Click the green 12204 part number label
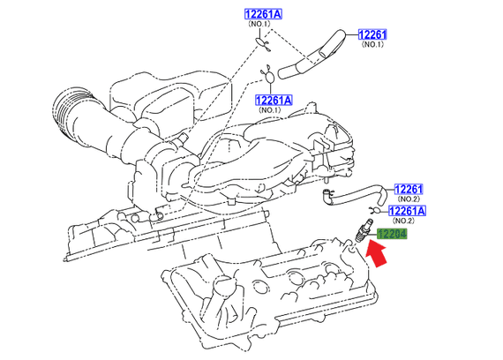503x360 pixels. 393,235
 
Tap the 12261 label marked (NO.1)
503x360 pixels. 372,34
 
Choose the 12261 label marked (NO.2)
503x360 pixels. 409,189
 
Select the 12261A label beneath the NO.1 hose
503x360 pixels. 274,100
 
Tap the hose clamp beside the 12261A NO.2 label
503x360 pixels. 376,209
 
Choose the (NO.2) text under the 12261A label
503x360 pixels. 408,222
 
